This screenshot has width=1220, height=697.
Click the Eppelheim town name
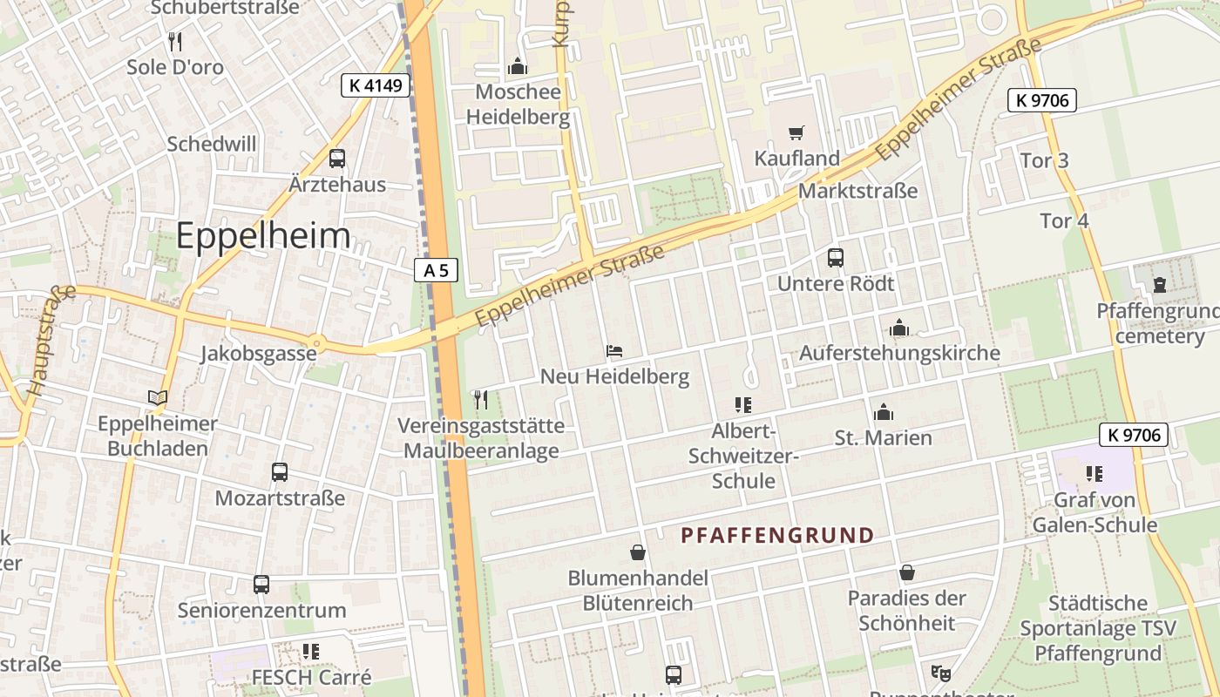[263, 236]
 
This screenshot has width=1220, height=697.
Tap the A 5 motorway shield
[436, 270]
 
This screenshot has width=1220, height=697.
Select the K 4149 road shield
[375, 85]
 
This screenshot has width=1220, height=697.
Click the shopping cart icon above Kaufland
[796, 133]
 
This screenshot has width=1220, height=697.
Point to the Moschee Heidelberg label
[518, 104]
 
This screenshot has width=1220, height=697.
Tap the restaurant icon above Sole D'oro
[175, 41]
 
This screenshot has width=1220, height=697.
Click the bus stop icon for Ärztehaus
[337, 159]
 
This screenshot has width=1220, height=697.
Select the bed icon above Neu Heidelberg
[614, 351]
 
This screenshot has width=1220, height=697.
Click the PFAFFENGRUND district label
[777, 535]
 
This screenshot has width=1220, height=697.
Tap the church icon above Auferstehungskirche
[899, 328]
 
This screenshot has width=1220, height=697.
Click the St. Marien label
[884, 437]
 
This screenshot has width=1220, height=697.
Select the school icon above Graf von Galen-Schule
[1095, 474]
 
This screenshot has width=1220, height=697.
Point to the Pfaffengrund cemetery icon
[1160, 285]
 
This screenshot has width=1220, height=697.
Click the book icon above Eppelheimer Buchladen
[157, 398]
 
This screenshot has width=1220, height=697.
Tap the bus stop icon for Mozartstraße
[280, 472]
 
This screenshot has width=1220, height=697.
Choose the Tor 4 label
[1064, 220]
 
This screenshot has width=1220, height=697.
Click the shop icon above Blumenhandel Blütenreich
[638, 552]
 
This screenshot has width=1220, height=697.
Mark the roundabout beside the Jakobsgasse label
[315, 343]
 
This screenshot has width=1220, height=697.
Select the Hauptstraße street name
[50, 341]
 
